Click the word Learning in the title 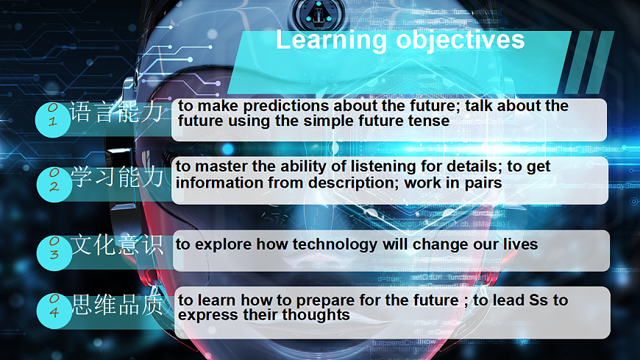pyautogui.click(x=330, y=40)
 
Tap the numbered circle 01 pyautogui.click(x=53, y=119)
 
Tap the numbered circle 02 pyautogui.click(x=54, y=184)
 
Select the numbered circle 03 pyautogui.click(x=54, y=253)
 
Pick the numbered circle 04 pyautogui.click(x=54, y=311)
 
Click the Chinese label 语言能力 pyautogui.click(x=116, y=111)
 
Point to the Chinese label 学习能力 pyautogui.click(x=117, y=177)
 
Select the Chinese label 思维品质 pyautogui.click(x=118, y=305)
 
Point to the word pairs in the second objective pyautogui.click(x=483, y=183)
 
